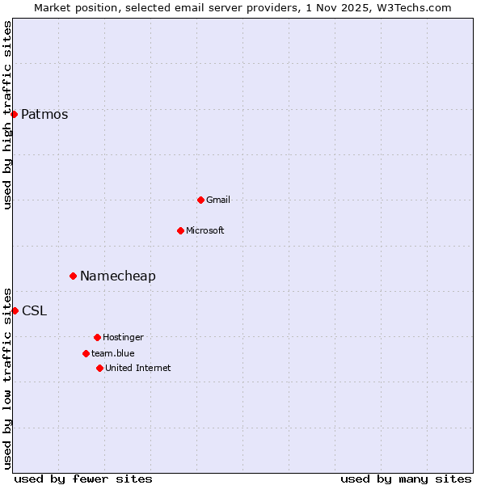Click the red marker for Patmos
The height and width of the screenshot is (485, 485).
(x=14, y=114)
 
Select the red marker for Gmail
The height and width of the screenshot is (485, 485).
(x=200, y=200)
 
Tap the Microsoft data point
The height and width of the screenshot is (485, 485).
(x=180, y=230)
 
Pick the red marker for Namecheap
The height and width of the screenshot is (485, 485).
(x=73, y=276)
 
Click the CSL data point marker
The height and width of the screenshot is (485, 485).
(x=15, y=310)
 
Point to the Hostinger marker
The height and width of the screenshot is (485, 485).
(x=97, y=337)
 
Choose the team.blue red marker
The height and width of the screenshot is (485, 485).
(x=86, y=353)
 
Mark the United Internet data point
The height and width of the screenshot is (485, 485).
(x=99, y=368)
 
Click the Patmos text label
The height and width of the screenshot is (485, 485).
(x=44, y=114)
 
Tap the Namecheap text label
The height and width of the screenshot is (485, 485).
(x=118, y=276)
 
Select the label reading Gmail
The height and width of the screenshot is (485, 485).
(x=218, y=200)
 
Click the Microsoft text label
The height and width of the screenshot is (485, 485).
(x=205, y=230)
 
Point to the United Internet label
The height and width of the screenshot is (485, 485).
(x=138, y=368)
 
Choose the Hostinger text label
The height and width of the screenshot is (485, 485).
(x=124, y=337)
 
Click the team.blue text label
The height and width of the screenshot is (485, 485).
(x=113, y=353)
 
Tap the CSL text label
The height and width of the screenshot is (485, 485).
(x=35, y=310)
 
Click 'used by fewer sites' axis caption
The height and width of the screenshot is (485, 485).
(x=83, y=479)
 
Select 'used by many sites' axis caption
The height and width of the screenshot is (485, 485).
(x=406, y=479)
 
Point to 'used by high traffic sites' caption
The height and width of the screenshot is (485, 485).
(x=7, y=115)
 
